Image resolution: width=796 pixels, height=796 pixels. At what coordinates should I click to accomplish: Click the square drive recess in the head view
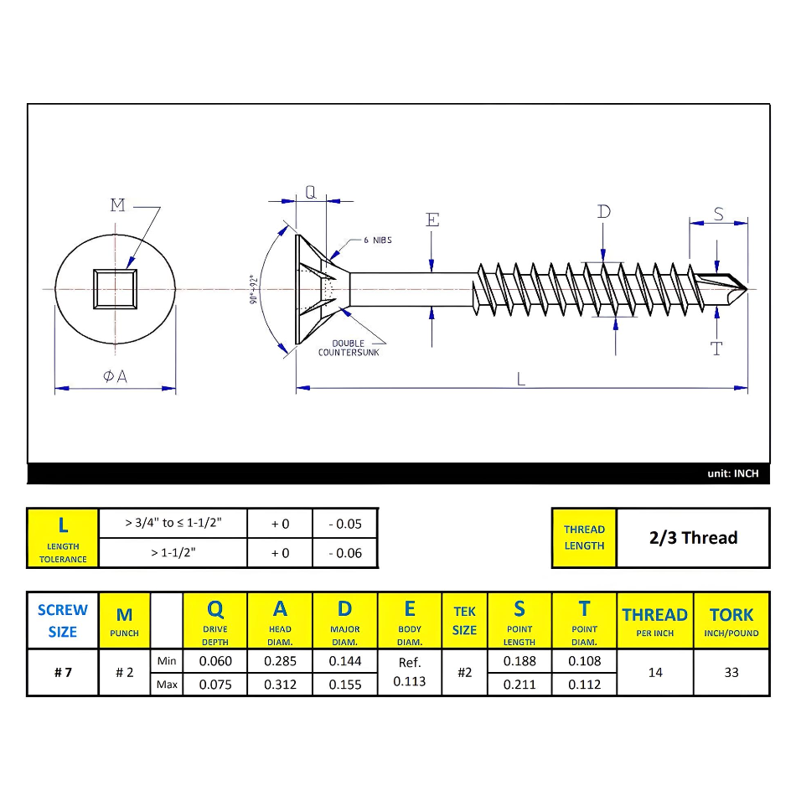click(116, 289)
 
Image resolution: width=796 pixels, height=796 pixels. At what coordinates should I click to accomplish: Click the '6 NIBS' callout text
click(377, 240)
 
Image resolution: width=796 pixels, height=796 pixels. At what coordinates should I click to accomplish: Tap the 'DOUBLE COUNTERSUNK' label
click(349, 348)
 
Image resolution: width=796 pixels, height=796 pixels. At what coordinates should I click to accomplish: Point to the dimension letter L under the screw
click(520, 379)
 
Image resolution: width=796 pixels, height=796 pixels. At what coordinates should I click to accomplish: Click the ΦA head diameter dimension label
click(116, 377)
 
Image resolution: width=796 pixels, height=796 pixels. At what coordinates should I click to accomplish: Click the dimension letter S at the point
click(718, 214)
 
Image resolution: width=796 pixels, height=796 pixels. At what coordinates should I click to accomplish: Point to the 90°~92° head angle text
click(252, 289)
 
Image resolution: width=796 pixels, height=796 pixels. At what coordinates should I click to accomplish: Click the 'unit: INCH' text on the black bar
click(732, 473)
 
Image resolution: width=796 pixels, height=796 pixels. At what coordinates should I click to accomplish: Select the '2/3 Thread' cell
click(693, 538)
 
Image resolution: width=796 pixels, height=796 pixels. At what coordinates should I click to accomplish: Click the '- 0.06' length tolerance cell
click(345, 553)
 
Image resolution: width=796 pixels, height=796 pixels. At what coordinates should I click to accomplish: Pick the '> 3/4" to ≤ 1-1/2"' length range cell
click(173, 523)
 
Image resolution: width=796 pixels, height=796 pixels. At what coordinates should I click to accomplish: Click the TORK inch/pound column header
click(731, 621)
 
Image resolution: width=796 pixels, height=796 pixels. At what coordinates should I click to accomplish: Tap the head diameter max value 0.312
click(280, 684)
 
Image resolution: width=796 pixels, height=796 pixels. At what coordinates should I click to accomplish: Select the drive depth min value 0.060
click(215, 661)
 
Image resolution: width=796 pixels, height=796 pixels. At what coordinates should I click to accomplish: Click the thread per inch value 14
click(655, 672)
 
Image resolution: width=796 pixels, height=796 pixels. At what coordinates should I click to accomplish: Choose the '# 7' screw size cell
click(63, 672)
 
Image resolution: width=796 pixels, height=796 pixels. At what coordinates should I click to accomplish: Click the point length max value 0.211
click(519, 684)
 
